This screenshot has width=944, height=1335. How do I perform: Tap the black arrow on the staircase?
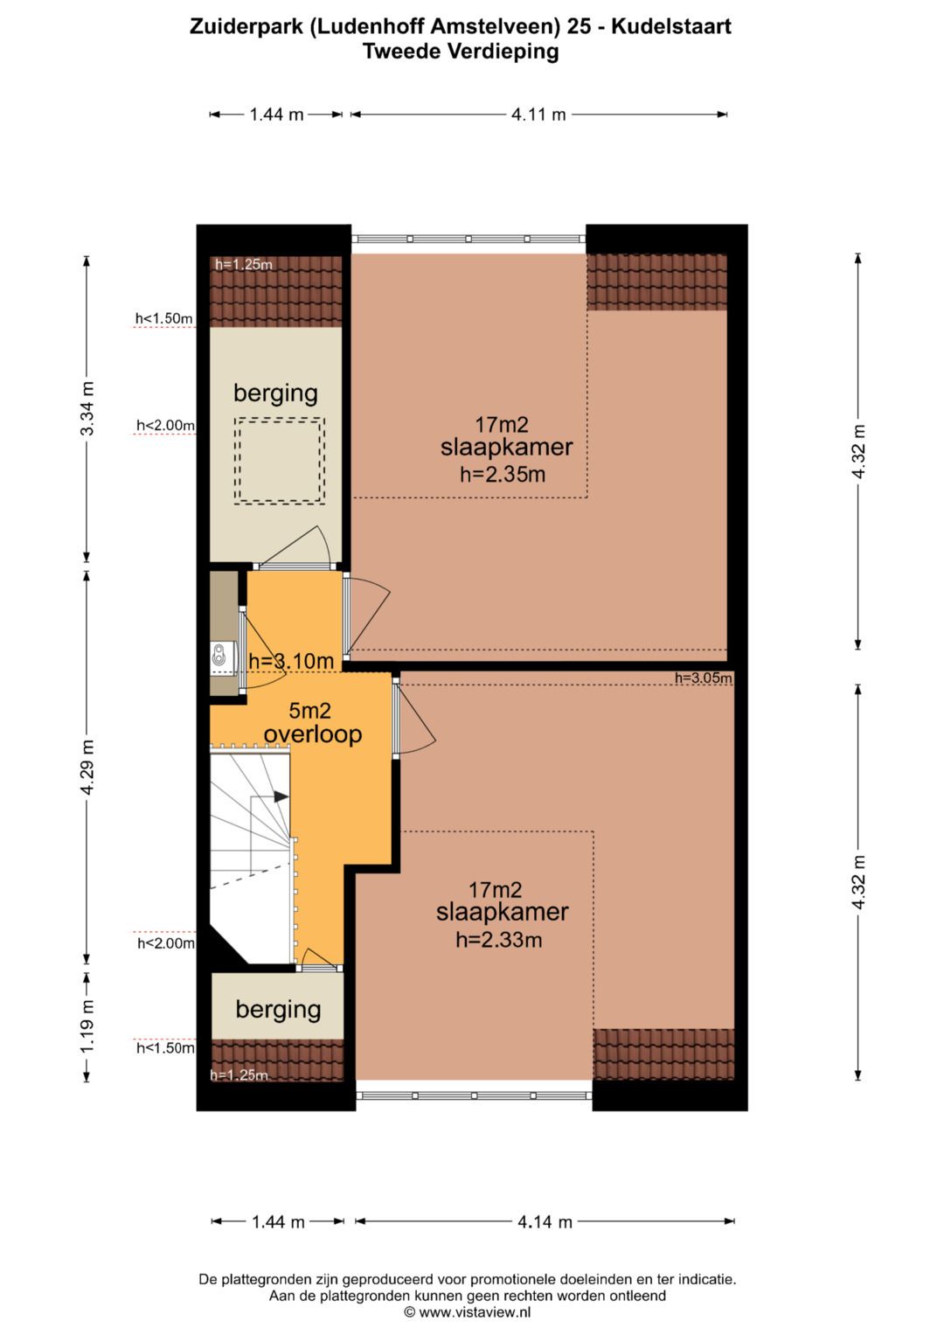coord(281,796)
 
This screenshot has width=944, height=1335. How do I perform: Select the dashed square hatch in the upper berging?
coord(280,462)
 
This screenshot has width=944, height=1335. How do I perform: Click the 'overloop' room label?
coord(313,734)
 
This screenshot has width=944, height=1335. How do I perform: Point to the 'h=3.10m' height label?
coord(291,661)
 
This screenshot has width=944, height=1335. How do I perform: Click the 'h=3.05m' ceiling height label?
coord(704,678)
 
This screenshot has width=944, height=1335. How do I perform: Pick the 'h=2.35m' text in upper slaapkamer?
coord(503,475)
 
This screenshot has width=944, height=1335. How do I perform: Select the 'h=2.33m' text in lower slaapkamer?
coord(499,940)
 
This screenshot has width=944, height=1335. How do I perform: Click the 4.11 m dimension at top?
coord(538,115)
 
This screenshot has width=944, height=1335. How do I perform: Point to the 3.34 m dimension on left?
coord(87,409)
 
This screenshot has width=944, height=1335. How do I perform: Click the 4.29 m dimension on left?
coord(87,768)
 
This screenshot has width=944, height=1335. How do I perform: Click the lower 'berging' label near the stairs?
coord(278,1010)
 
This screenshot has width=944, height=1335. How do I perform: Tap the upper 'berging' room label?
coord(276,393)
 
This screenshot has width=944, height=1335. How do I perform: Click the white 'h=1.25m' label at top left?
coord(244,264)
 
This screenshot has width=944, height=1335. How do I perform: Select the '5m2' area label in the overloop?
coord(309,711)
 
